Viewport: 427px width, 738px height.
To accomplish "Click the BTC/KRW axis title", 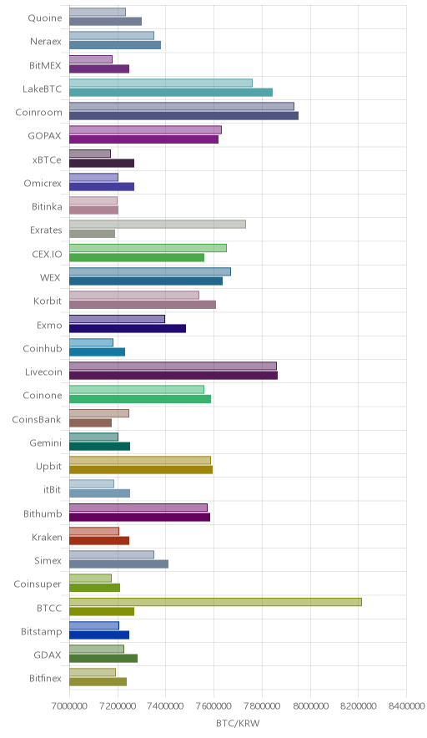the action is point(238,723).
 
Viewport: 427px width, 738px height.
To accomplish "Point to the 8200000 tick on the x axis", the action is point(358,706).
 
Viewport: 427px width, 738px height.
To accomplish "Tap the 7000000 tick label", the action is point(69,706).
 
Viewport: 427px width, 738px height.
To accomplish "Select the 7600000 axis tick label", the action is point(213,706).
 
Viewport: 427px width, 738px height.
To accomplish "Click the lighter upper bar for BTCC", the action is point(215,602).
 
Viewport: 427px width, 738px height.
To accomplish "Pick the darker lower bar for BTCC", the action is point(102,611).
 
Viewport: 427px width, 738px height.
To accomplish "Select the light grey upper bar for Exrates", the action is point(158,224).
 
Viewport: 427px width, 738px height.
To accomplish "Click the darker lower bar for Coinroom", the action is point(183,116).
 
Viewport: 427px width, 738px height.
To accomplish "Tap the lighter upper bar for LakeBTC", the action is point(161,83).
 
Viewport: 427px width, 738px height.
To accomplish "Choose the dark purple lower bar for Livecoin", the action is point(173,375).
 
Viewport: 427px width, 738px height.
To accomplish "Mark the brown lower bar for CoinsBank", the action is point(90,422).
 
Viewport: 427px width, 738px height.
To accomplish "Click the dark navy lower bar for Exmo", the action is point(128,328).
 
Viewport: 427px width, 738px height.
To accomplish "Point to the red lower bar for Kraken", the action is point(99,540).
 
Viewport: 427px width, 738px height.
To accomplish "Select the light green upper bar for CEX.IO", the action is point(148,248).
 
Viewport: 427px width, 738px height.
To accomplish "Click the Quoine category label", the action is point(45,18).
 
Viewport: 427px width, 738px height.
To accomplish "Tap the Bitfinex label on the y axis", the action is point(45,678).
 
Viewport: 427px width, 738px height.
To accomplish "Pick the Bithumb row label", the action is point(43,513).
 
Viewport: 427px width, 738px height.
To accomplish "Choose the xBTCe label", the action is point(47,160).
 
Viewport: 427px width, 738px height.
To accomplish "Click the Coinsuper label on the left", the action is point(38,584).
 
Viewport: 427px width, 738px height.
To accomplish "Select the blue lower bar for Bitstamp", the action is point(99,635).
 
